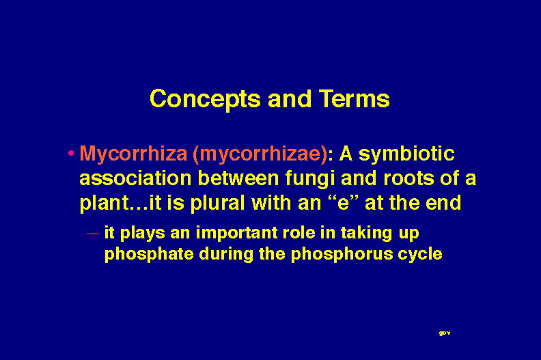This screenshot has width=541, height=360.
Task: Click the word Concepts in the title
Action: click(205, 100)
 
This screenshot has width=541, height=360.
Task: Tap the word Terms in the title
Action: click(355, 98)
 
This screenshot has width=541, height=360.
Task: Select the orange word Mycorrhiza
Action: click(133, 154)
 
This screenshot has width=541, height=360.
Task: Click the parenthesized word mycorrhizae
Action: click(260, 154)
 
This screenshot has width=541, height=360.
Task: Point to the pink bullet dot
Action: click(71, 153)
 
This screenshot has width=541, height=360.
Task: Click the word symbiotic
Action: click(406, 154)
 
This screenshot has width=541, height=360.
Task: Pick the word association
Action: click(135, 178)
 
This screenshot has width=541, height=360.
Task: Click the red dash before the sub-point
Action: click(93, 234)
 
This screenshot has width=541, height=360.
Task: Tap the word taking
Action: click(367, 234)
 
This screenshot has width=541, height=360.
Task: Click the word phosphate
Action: click(149, 255)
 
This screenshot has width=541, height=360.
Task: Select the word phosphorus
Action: click(342, 255)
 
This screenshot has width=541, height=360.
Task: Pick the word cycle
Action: click(420, 255)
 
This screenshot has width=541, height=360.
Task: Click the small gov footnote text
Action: click(445, 333)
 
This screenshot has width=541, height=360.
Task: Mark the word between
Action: click(238, 178)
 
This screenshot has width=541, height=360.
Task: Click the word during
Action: click(226, 255)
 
